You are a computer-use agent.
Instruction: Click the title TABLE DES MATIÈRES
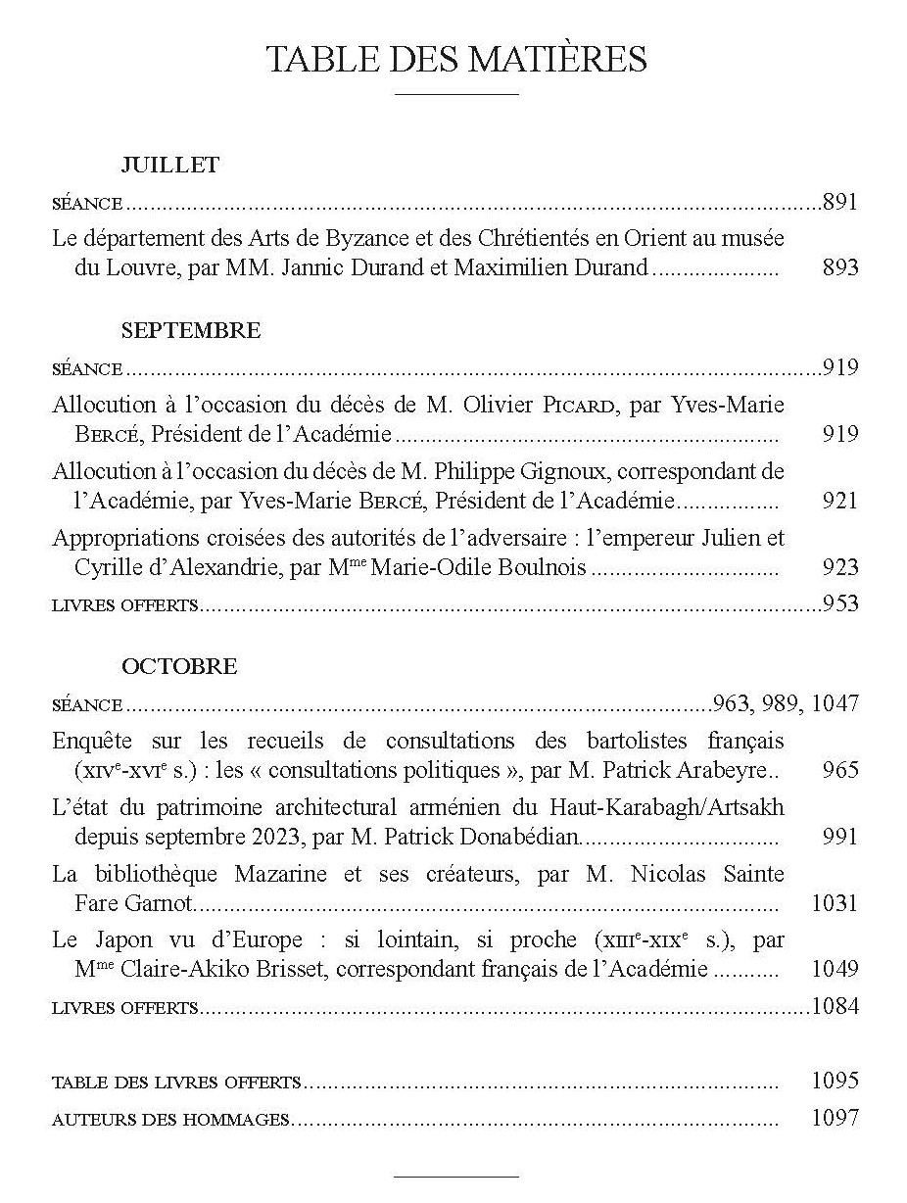tap(456, 61)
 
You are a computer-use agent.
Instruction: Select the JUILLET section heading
tap(169, 165)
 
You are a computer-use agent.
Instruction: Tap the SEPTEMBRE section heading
tap(191, 330)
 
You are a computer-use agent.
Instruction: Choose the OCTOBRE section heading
tap(179, 666)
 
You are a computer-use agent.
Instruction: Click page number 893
tap(840, 267)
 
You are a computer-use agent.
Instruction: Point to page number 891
tap(840, 203)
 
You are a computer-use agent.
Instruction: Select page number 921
tap(840, 502)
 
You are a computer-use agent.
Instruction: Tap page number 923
tap(840, 568)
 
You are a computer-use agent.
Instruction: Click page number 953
tap(840, 603)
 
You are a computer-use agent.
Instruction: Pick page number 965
tap(840, 770)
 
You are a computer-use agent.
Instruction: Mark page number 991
tap(840, 837)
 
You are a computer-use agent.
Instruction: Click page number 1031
tap(835, 903)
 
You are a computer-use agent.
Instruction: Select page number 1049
tap(835, 970)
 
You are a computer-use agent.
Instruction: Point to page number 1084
tap(835, 1006)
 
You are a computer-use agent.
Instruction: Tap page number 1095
tap(835, 1081)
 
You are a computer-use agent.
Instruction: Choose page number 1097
tap(835, 1118)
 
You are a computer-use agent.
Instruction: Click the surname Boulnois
tap(543, 568)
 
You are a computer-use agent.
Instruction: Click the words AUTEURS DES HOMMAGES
tap(170, 1119)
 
